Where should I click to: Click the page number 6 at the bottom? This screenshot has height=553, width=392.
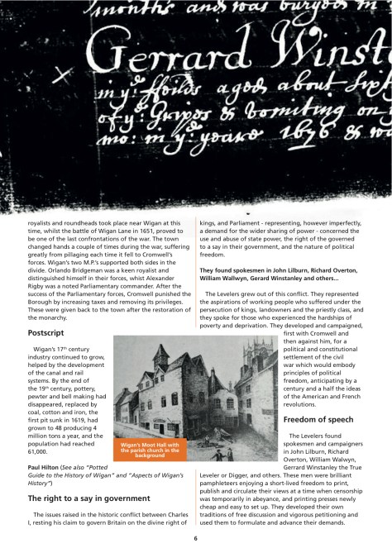(196, 537)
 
